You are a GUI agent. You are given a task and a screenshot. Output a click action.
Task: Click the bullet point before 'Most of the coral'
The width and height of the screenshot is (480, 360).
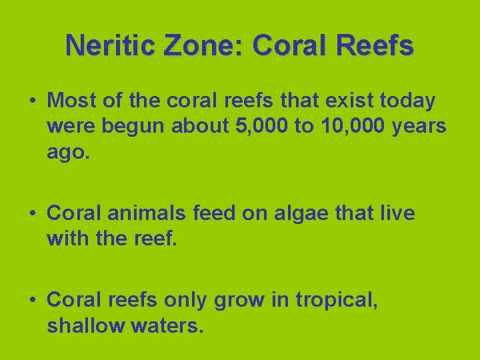click(x=32, y=101)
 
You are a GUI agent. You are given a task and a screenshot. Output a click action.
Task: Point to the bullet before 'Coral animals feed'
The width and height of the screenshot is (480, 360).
click(x=32, y=214)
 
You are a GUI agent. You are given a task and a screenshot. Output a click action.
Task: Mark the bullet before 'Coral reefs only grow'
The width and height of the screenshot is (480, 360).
click(x=32, y=300)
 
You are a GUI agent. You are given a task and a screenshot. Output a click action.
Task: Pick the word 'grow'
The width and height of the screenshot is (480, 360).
click(x=241, y=301)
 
